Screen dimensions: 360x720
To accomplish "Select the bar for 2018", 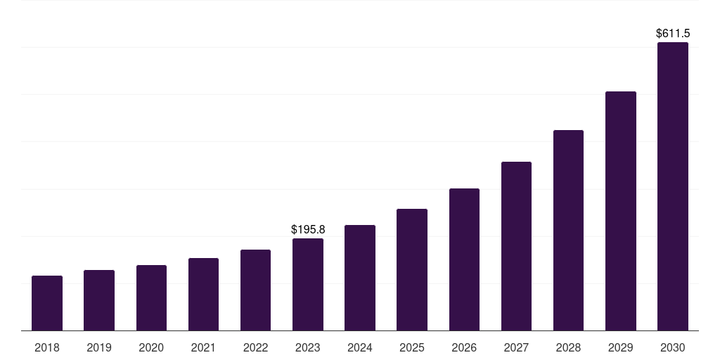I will pyautogui.click(x=47, y=303).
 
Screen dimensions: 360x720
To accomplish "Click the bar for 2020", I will pyautogui.click(x=151, y=298).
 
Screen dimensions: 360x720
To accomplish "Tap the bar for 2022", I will pyautogui.click(x=255, y=290).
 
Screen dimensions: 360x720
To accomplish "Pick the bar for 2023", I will pyautogui.click(x=308, y=285).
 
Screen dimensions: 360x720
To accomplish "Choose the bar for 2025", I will pyautogui.click(x=412, y=270).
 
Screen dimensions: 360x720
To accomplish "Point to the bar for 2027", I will pyautogui.click(x=516, y=246).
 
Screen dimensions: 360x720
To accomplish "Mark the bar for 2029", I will pyautogui.click(x=621, y=211).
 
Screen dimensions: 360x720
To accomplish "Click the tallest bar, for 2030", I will pyautogui.click(x=673, y=186).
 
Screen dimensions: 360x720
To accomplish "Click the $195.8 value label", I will pyautogui.click(x=308, y=229).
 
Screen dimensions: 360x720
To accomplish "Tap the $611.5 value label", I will pyautogui.click(x=673, y=33).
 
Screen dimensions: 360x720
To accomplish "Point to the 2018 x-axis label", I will pyautogui.click(x=47, y=347).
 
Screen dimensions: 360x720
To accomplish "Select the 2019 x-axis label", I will pyautogui.click(x=99, y=347).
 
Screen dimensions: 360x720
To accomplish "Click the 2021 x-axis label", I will pyautogui.click(x=203, y=347).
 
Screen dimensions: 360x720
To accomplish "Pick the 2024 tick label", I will pyautogui.click(x=360, y=347).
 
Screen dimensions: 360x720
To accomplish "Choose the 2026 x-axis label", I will pyautogui.click(x=464, y=347).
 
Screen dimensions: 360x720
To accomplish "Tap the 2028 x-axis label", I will pyautogui.click(x=568, y=347).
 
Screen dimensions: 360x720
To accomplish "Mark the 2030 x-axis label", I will pyautogui.click(x=673, y=347).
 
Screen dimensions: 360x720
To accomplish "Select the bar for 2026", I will pyautogui.click(x=464, y=259).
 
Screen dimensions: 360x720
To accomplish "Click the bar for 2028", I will pyautogui.click(x=568, y=231).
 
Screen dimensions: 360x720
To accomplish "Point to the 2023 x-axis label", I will pyautogui.click(x=308, y=347).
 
